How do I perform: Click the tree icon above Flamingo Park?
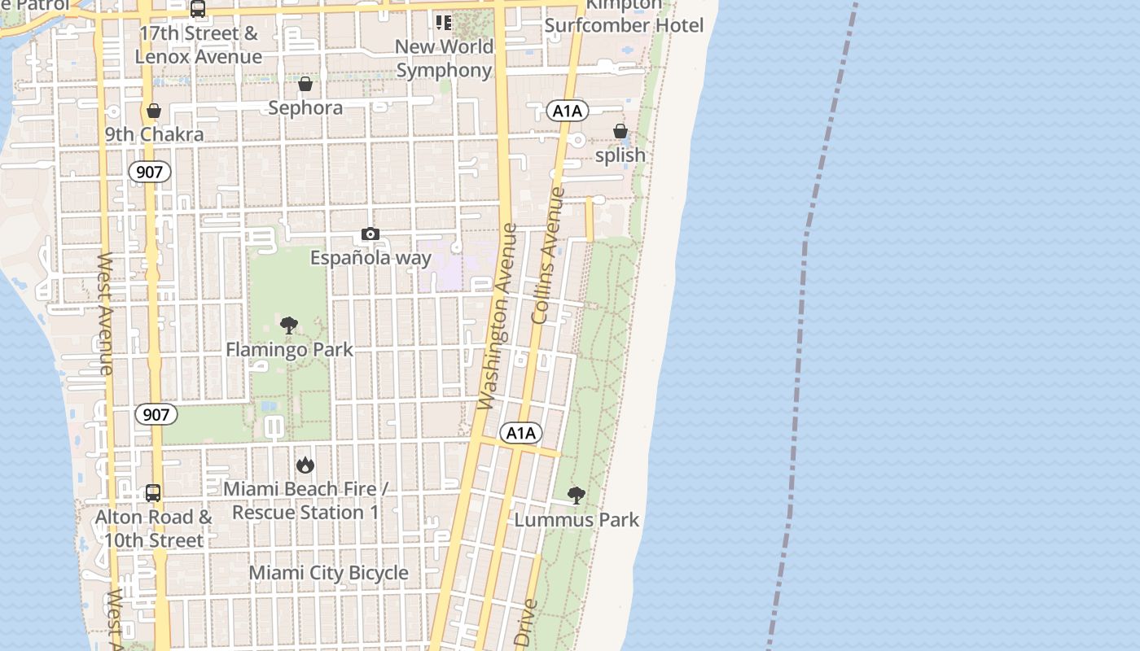tap(289, 325)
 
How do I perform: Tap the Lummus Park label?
tap(577, 520)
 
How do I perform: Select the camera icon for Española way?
tap(370, 234)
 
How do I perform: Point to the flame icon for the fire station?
tap(305, 465)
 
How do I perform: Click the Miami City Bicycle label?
tap(328, 573)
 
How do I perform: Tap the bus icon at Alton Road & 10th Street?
tap(153, 493)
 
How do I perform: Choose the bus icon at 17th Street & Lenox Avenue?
tap(198, 10)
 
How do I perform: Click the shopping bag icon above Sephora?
tap(305, 84)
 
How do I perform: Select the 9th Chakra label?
tap(154, 134)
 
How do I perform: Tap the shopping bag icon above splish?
tap(620, 131)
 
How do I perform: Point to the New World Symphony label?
tap(445, 59)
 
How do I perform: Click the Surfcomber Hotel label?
tap(624, 25)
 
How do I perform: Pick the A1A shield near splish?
tap(567, 111)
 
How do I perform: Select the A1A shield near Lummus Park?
tap(520, 433)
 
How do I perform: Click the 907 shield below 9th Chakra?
tap(150, 172)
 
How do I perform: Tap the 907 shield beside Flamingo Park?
tap(156, 414)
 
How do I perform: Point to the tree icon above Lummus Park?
tap(577, 496)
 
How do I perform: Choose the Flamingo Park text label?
tap(289, 350)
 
